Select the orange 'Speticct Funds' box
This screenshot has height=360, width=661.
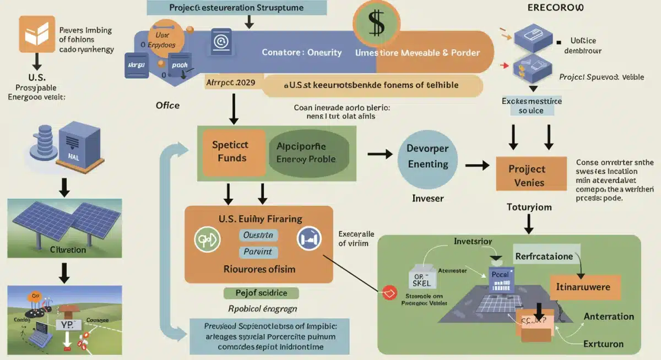(230, 151)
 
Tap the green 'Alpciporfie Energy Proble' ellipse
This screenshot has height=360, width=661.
(308, 153)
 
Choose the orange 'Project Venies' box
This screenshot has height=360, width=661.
(530, 176)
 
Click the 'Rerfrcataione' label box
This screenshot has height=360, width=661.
(544, 256)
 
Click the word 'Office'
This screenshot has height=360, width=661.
(167, 105)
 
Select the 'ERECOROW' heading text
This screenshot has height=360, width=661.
(556, 9)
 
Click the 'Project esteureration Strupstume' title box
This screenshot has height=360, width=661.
(237, 8)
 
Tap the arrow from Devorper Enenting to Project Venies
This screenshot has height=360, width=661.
(477, 165)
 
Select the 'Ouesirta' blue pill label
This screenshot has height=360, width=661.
(258, 235)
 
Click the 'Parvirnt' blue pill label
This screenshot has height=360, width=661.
(258, 252)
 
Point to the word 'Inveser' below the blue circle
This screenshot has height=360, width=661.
(427, 198)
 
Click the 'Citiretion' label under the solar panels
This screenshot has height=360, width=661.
(68, 249)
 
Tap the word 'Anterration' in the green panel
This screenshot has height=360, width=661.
(608, 316)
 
